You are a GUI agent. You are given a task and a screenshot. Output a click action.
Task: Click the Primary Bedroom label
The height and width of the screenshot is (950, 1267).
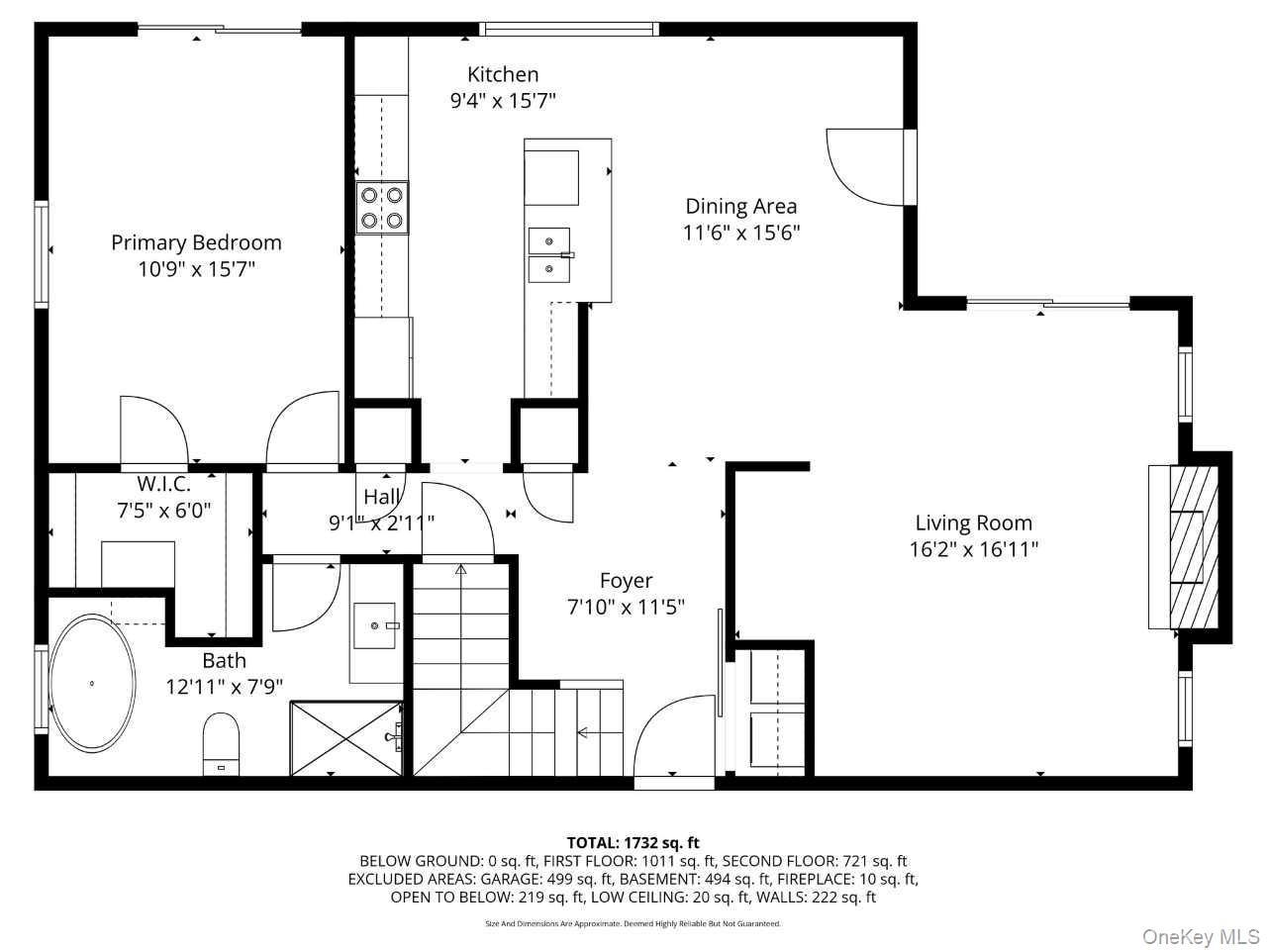[196, 242]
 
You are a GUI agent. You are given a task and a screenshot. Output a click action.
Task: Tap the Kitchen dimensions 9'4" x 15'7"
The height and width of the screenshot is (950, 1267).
[502, 101]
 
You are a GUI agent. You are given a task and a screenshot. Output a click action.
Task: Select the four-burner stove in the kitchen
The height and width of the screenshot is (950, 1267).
[381, 208]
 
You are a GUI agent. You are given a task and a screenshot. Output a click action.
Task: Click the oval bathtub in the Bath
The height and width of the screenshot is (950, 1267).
[92, 684]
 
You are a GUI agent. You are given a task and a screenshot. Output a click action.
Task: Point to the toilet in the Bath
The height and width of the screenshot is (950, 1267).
[221, 744]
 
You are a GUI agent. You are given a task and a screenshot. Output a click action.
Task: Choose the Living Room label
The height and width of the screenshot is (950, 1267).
[973, 523]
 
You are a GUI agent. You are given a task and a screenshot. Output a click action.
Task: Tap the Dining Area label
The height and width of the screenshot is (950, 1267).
[741, 207]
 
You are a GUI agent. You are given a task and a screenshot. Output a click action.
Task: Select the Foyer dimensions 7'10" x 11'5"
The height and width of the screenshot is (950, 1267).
[626, 607]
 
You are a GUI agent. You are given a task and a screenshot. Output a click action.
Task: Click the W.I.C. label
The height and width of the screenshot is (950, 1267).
[164, 483]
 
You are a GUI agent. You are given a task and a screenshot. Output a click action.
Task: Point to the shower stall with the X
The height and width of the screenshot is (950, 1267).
[345, 738]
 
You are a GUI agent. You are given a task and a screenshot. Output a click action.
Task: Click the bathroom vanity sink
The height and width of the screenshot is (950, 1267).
[374, 625]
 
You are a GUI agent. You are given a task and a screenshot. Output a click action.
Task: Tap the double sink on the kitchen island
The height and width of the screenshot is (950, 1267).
[549, 255]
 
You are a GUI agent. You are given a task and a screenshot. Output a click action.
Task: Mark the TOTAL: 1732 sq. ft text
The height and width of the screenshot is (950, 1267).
[633, 843]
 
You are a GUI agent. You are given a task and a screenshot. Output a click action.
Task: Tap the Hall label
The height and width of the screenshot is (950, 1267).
[381, 497]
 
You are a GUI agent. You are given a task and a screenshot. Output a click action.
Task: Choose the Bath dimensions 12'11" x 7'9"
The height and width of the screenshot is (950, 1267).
[224, 687]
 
